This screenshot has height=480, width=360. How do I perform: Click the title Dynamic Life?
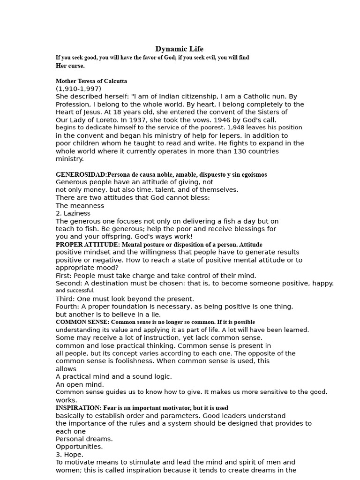pos(180,49)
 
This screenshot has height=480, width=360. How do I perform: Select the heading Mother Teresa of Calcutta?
pos(91,81)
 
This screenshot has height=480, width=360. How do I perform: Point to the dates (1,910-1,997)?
pos(78,89)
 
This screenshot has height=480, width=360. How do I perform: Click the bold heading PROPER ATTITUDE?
pos(87,244)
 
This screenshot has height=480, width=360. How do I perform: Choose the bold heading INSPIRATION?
pos(78,408)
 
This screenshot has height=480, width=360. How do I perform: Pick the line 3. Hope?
pos(69,455)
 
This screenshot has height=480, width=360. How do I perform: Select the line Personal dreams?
pos(84,439)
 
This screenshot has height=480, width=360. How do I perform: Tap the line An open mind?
pos(80,384)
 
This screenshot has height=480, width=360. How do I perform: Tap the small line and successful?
pos(75,291)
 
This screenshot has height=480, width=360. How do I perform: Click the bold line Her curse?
pos(70,65)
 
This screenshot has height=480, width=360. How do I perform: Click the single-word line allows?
pos(66,369)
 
